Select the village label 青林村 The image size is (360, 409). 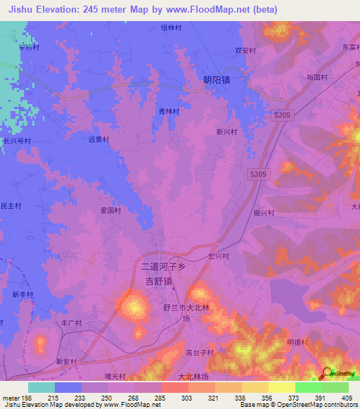tap(168, 112)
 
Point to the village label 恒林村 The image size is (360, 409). tap(172, 28)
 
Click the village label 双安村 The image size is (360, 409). tap(245, 51)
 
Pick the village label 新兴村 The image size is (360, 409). tap(226, 131)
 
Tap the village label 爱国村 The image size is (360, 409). tap(110, 210)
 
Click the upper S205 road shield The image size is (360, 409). tap(282, 114)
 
